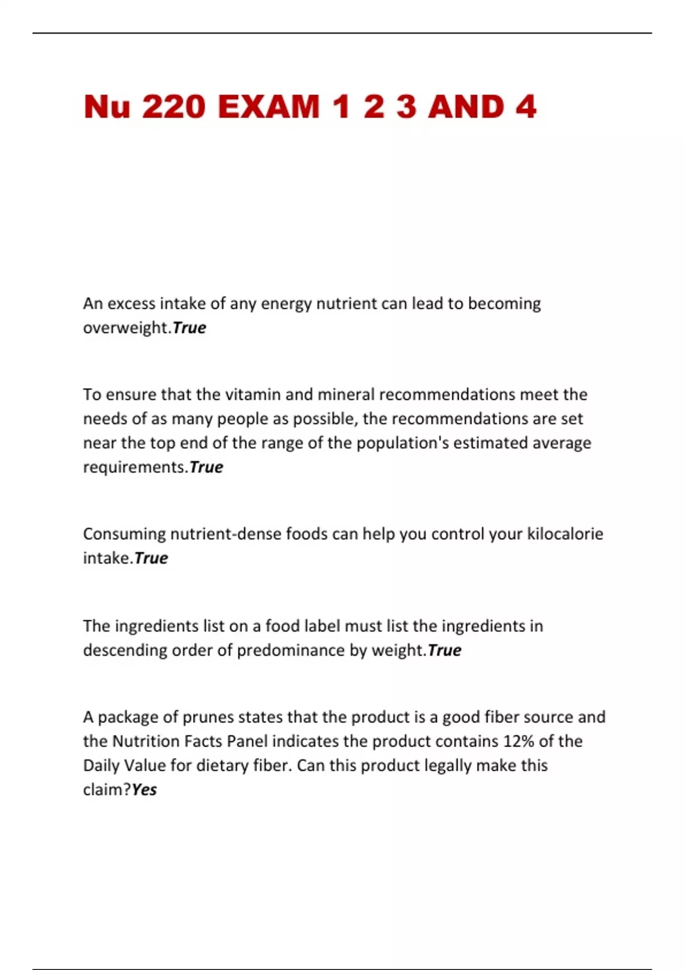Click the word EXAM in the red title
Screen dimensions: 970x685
click(x=269, y=107)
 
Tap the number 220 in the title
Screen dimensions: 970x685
click(x=174, y=107)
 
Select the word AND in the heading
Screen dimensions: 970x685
click(x=466, y=107)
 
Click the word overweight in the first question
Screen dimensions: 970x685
click(x=126, y=328)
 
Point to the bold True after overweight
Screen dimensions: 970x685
click(x=189, y=328)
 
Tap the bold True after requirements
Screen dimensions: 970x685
click(x=206, y=467)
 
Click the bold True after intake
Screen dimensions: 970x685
click(x=151, y=558)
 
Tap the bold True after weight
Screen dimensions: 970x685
click(x=444, y=650)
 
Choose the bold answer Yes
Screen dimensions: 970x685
click(x=144, y=790)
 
